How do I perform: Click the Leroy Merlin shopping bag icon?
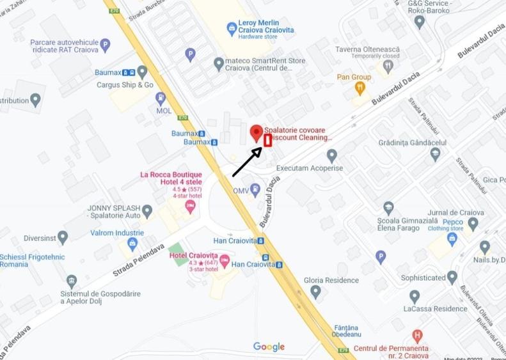[x=232, y=29]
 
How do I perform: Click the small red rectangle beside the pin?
[x=268, y=140]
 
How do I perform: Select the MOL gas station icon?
[x=161, y=98]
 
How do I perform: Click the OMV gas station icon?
[x=255, y=189]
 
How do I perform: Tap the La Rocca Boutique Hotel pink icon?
[x=190, y=206]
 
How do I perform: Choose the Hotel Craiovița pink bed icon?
[x=225, y=260]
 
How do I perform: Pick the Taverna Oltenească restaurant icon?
[x=388, y=65]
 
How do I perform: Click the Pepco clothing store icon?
[x=452, y=239]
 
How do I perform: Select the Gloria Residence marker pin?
[x=315, y=292]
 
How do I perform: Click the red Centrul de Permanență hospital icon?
[x=417, y=335]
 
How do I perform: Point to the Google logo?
[x=269, y=347]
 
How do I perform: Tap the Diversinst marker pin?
[x=63, y=237]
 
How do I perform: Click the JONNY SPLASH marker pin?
[x=147, y=210]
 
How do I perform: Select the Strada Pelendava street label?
[x=138, y=260]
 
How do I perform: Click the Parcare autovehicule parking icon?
[x=105, y=45]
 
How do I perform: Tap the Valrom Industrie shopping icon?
[x=132, y=244]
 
